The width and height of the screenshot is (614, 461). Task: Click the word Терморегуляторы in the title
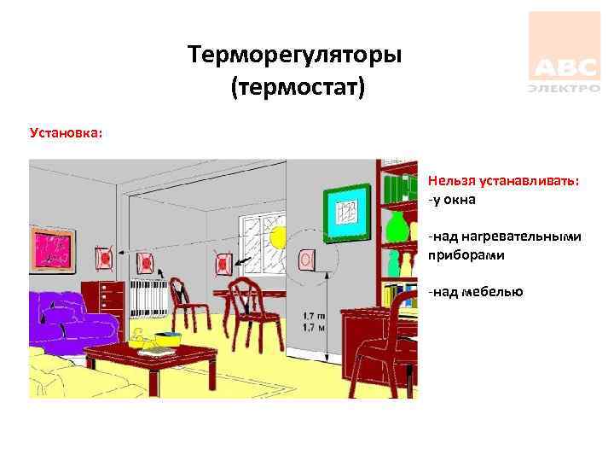tap(295, 57)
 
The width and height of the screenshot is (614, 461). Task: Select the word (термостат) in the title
tap(296, 87)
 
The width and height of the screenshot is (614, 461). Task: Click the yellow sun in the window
tap(279, 238)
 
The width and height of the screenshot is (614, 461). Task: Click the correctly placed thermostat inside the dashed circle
tap(306, 258)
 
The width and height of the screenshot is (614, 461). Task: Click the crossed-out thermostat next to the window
tap(223, 262)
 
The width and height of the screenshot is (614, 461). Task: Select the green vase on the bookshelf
tap(395, 227)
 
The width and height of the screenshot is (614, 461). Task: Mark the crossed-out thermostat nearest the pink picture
tap(104, 256)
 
